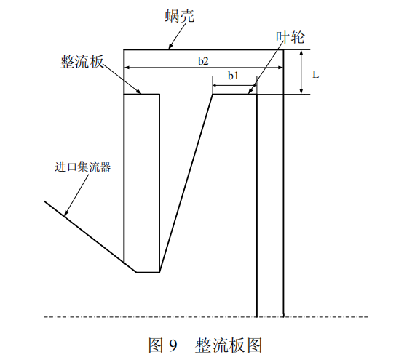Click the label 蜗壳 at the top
(180, 16)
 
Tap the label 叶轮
(290, 37)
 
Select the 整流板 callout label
(82, 62)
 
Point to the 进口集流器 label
(83, 167)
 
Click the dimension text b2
(203, 61)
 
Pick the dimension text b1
(233, 76)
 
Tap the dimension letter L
(316, 75)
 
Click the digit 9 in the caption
(173, 345)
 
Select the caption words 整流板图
(229, 345)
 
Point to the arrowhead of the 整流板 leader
(139, 92)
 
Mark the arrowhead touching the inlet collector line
(66, 212)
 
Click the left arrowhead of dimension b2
(127, 68)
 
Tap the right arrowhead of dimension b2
(280, 68)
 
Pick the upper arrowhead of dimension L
(301, 53)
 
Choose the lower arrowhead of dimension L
(301, 91)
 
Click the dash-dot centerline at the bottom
(206, 317)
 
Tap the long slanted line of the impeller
(186, 183)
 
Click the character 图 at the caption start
(157, 345)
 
